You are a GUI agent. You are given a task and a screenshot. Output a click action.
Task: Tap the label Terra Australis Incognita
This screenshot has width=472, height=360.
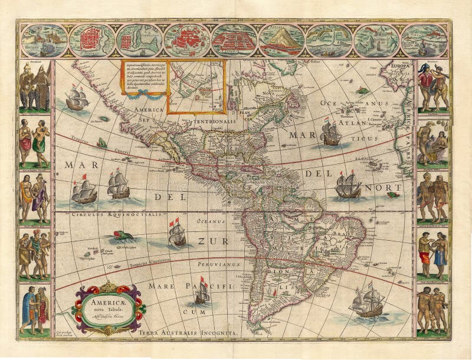click(187, 333)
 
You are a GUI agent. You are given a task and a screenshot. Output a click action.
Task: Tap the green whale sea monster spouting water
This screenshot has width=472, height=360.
click(119, 237)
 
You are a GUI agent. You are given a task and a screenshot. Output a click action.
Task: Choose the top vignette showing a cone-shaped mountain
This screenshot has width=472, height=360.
click(281, 40)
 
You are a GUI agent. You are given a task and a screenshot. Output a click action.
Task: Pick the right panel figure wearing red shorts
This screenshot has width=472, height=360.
click(425, 256)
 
